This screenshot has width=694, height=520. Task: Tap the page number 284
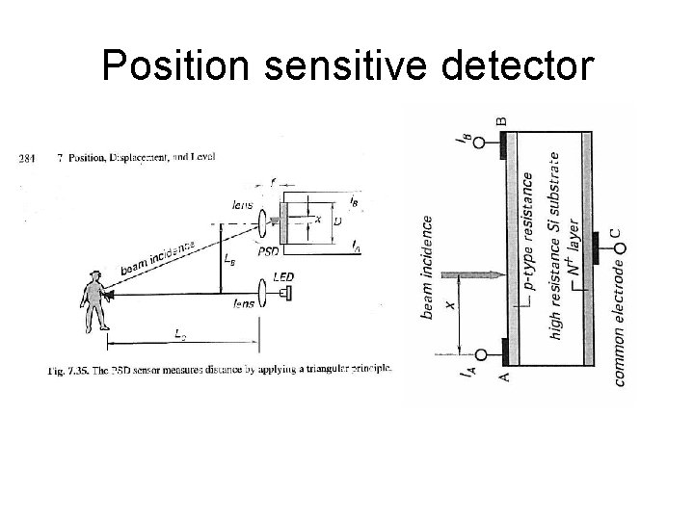[28, 160]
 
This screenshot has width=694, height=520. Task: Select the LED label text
[284, 276]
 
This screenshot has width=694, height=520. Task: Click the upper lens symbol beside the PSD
[262, 218]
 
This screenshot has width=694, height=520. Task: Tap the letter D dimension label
[335, 221]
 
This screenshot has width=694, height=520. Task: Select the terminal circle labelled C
[620, 250]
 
